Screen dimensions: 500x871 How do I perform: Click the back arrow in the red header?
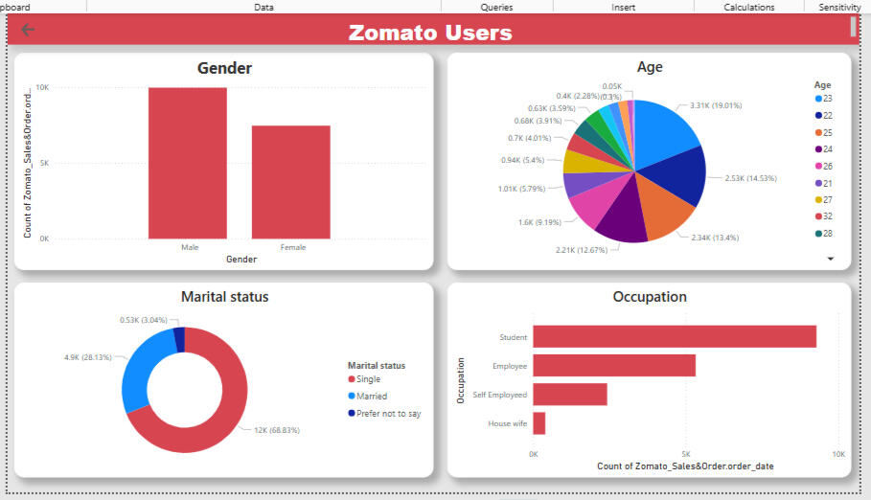pyautogui.click(x=28, y=30)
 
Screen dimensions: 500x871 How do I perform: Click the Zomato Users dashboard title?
pyautogui.click(x=429, y=33)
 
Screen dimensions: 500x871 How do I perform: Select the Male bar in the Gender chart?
pyautogui.click(x=188, y=162)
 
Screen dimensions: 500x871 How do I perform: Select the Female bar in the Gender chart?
pyautogui.click(x=291, y=181)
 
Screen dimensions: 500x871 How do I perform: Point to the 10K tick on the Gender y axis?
pyautogui.click(x=43, y=87)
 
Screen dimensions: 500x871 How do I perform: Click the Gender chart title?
pyautogui.click(x=224, y=68)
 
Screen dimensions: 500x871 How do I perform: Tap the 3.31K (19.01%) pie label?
pyautogui.click(x=708, y=105)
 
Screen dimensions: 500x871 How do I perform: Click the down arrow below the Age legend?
pyautogui.click(x=831, y=259)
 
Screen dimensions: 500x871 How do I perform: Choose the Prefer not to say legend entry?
pyautogui.click(x=383, y=414)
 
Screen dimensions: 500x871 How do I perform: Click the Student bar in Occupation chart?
pyautogui.click(x=674, y=337)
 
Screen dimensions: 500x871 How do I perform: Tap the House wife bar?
pyautogui.click(x=539, y=423)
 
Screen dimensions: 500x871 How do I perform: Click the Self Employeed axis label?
pyautogui.click(x=500, y=395)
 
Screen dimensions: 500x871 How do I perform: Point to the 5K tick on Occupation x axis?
pyautogui.click(x=685, y=454)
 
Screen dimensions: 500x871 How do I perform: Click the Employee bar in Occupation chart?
pyautogui.click(x=613, y=366)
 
